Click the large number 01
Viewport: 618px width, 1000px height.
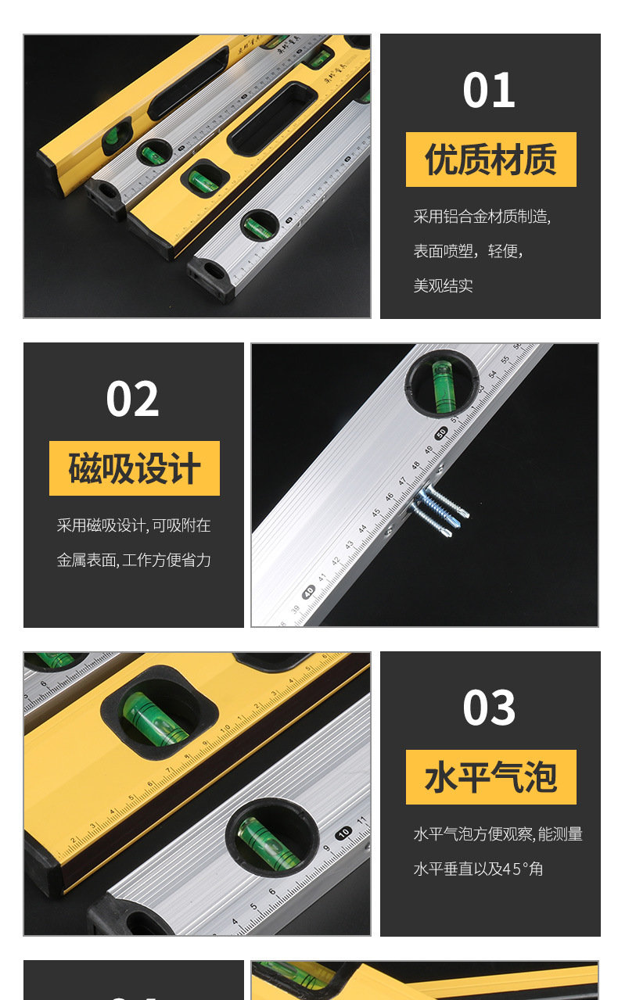tap(489, 90)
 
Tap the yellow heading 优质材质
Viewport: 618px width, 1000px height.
tap(490, 159)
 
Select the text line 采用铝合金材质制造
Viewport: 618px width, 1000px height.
tap(482, 217)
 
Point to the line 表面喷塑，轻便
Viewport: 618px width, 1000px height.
tap(468, 251)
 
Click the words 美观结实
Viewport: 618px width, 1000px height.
tap(443, 285)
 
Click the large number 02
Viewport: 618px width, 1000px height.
tap(132, 399)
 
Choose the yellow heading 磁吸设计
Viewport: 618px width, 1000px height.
tap(135, 468)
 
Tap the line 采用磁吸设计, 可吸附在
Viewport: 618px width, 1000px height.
tap(134, 525)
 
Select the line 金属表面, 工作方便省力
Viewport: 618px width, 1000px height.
tap(134, 560)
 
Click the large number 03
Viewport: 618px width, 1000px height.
tap(489, 708)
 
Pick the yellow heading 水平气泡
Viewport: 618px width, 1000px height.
tap(490, 777)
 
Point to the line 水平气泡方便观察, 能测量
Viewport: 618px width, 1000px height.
tap(498, 834)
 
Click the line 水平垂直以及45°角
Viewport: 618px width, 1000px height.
tap(478, 869)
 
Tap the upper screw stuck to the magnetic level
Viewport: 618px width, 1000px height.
tap(444, 500)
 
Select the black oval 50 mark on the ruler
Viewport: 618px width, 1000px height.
tap(441, 432)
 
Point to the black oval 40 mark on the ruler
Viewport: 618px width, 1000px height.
tap(309, 591)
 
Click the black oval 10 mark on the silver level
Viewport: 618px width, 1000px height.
tap(343, 833)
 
